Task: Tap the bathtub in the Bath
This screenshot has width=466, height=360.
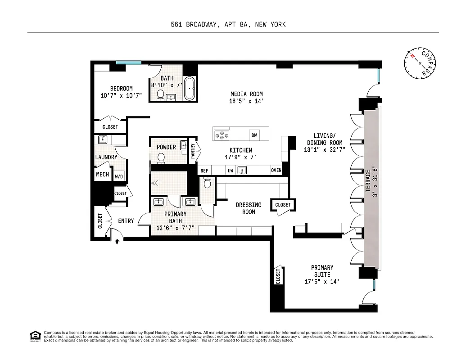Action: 190,89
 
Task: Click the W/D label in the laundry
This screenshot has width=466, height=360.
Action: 119,177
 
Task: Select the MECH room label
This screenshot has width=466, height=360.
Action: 102,174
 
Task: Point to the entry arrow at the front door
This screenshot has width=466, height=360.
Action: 117,241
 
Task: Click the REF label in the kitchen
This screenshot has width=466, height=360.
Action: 204,171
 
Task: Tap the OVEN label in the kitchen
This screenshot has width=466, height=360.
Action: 276,170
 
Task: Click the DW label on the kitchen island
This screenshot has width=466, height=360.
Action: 254,135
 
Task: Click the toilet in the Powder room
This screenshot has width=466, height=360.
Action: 161,157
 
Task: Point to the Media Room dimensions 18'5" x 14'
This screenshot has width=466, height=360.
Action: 246,101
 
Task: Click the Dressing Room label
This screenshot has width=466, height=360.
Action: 249,208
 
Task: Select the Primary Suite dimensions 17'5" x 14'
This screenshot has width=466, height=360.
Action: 322,282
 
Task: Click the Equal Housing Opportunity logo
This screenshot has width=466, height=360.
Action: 34,336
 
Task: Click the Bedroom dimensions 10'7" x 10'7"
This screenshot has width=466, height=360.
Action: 121,95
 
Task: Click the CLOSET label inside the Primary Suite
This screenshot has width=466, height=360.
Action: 277,276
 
